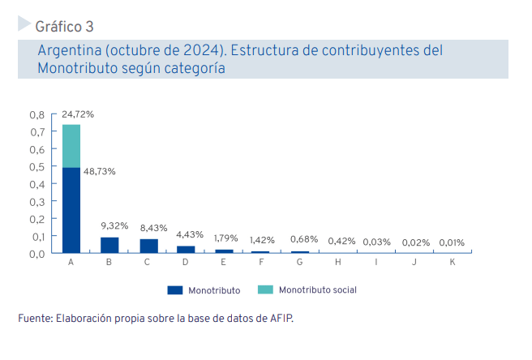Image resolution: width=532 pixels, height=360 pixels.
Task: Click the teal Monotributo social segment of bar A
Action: (x=71, y=146)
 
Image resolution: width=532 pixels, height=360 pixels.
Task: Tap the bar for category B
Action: (x=109, y=244)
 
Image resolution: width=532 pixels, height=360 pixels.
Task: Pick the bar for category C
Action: (x=148, y=245)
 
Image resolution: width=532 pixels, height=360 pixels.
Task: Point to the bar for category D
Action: (x=186, y=249)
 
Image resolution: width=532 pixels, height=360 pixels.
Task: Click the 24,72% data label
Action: (x=78, y=114)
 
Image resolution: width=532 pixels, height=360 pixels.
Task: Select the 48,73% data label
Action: (x=99, y=171)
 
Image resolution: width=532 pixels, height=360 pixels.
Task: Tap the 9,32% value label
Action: (x=114, y=225)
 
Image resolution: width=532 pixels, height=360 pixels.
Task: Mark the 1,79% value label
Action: (x=226, y=238)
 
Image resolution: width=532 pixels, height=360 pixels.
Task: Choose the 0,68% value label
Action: (x=303, y=240)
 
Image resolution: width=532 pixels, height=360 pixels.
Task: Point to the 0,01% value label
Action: (x=452, y=242)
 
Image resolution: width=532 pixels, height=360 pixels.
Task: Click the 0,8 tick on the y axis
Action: (x=36, y=114)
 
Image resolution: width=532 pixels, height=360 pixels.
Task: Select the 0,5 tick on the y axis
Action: (x=36, y=167)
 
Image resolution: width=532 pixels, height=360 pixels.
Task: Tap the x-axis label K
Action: (x=452, y=263)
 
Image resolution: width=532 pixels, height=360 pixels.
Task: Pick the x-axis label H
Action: (x=337, y=263)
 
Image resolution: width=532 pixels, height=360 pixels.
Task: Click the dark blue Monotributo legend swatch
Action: (x=174, y=289)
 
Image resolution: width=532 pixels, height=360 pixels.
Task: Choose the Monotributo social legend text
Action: (x=317, y=289)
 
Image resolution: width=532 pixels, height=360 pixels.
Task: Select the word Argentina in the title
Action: (x=69, y=51)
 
